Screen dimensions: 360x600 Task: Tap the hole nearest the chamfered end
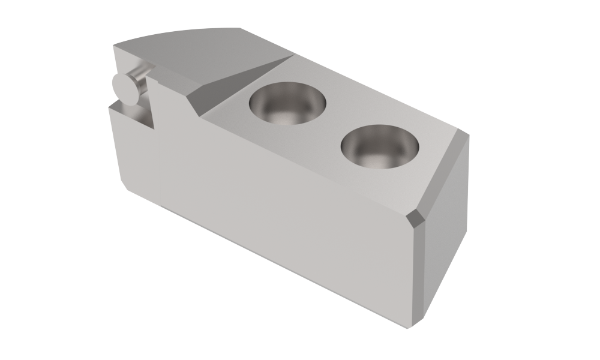380,146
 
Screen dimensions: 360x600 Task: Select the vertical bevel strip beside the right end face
420,270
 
